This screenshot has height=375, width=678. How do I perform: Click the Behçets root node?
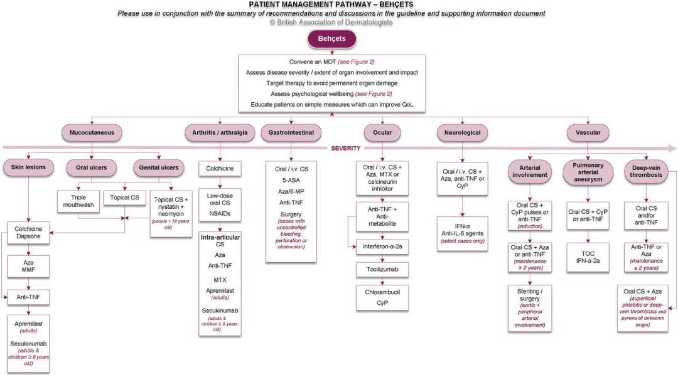331,40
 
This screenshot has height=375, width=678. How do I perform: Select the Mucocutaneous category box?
92,133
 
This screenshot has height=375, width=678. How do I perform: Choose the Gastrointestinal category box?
291,133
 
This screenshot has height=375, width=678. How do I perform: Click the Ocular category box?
383,133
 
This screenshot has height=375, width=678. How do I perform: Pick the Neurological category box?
462,133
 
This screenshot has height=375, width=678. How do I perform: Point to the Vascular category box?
588,133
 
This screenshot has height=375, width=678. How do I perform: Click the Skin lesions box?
30,167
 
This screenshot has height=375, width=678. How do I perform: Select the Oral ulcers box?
92,167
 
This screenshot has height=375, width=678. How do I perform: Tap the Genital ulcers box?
160,167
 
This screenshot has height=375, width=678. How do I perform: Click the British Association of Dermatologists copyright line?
331,22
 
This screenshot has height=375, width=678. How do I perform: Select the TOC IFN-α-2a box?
588,257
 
